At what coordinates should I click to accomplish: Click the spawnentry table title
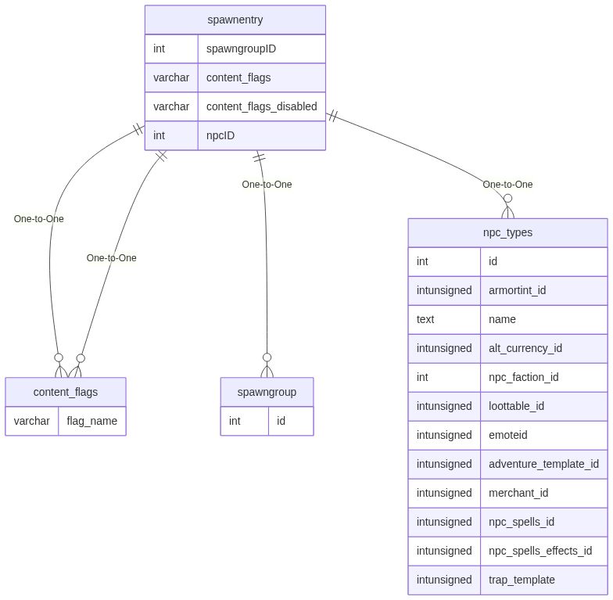tap(235, 20)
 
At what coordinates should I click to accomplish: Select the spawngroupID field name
tap(241, 49)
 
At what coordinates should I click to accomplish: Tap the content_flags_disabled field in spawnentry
tap(261, 106)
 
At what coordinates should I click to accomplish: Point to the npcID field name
tap(220, 135)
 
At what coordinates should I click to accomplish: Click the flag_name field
tap(91, 421)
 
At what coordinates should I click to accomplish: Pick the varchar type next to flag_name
tap(32, 421)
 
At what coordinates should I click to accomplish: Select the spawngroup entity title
tap(267, 392)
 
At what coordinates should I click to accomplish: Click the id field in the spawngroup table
tap(281, 421)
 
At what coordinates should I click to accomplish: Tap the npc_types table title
tap(507, 232)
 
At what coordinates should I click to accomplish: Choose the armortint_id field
tap(517, 290)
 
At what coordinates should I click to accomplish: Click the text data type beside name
tap(425, 319)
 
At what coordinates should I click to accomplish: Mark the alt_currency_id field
tap(525, 348)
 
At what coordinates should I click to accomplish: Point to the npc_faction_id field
tap(523, 377)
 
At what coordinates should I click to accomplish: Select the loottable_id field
tap(516, 406)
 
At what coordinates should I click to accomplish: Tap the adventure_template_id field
tap(543, 464)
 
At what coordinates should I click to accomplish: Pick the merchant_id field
tap(518, 493)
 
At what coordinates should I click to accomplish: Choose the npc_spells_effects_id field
tap(540, 551)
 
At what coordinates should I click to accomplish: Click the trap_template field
tap(522, 580)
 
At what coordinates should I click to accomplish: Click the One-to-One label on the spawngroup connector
tap(267, 185)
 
